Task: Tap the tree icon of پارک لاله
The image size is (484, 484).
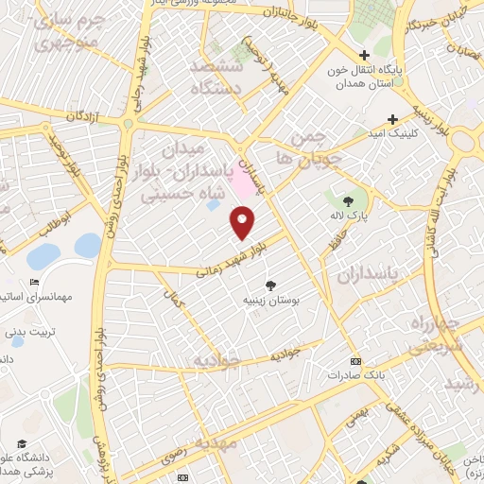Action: (x=348, y=200)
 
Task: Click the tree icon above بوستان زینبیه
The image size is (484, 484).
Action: (x=271, y=285)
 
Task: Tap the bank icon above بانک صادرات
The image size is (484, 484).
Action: (x=355, y=360)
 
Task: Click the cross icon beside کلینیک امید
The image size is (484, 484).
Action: (x=391, y=120)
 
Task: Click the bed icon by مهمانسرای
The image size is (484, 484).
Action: (x=35, y=282)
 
